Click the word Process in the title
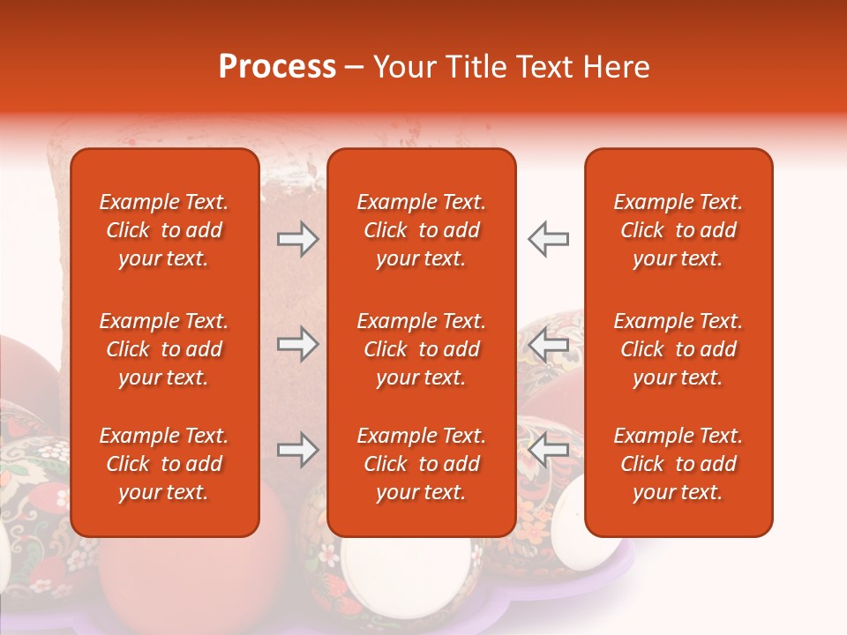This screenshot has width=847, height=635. pos(277,67)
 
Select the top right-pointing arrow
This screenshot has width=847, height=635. pos(297,239)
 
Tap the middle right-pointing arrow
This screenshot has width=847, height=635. pos(297,344)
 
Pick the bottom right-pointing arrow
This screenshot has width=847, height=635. pos(297,451)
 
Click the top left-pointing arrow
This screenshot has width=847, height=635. pos(549,239)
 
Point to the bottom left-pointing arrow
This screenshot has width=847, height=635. pos(549,451)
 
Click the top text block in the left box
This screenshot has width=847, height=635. pos(164,230)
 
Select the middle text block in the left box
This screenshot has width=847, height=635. pos(164,349)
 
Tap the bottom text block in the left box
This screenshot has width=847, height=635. pos(164,464)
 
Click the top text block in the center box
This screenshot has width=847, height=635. pos(422,230)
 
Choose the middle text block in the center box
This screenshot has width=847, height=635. pos(422,349)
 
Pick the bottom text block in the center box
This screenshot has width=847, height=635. pos(422,464)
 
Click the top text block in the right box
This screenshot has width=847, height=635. pos(678,230)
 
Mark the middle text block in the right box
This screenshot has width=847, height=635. pos(678,349)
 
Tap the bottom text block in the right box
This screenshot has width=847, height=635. pos(678,464)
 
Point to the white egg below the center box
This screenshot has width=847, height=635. pos(406,564)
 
